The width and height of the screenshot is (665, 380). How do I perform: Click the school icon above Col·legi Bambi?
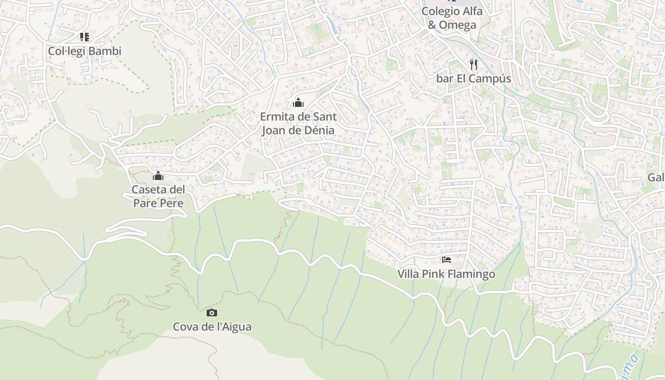tap(85, 37)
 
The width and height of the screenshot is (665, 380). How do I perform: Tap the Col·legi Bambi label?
tap(85, 51)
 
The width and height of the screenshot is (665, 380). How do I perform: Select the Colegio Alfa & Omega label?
tap(452, 18)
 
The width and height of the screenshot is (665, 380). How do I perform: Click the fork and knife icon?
tap(473, 65)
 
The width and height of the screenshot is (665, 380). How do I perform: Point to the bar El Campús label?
tap(473, 78)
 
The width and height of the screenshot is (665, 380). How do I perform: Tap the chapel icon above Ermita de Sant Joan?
tap(298, 102)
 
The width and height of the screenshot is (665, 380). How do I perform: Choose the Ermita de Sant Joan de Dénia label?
tap(298, 123)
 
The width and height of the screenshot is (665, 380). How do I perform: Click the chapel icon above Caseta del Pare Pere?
tap(158, 176)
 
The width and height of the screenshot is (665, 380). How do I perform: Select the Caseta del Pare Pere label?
tap(158, 196)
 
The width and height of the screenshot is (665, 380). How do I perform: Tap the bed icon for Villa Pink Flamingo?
tap(446, 260)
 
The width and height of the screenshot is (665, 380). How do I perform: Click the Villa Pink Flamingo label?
tap(446, 274)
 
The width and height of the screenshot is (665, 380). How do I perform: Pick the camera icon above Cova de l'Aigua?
tap(212, 313)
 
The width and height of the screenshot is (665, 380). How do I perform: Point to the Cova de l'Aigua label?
tap(212, 327)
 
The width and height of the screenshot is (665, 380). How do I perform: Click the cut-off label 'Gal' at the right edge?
tap(655, 178)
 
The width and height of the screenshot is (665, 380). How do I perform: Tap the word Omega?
tap(457, 25)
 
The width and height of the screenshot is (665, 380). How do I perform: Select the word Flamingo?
tap(471, 274)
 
